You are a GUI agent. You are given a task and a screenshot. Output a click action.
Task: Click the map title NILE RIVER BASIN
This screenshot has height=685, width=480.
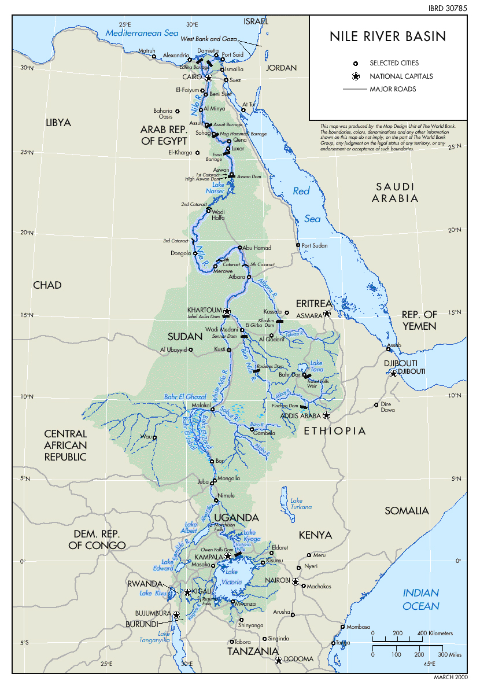pos(388,37)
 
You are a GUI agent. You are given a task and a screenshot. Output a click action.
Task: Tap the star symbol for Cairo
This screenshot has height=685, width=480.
pos(209,78)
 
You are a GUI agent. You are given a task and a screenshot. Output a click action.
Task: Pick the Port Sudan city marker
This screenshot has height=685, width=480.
pos(298,245)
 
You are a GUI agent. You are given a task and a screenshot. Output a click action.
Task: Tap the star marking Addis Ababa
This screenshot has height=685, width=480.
pos(326,415)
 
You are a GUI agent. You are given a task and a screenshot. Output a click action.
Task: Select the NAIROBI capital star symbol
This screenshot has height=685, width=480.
pos(296,581)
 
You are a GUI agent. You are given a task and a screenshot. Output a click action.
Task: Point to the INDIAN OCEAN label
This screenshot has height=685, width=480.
pos(421,599)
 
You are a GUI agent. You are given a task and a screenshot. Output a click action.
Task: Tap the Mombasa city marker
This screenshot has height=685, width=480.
pos(343,627)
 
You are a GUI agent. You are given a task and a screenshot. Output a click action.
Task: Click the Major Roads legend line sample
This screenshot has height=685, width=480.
pos(353,90)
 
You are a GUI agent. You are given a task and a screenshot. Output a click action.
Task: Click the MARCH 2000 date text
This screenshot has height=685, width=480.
pos(451,677)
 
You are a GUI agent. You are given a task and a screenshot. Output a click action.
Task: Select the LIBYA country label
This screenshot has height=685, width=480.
pos(58,123)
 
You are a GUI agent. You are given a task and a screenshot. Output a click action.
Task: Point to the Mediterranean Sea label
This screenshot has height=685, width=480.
pos(142,33)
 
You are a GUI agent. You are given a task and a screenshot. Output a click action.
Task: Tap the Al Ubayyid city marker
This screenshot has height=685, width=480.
pos(190,350)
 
